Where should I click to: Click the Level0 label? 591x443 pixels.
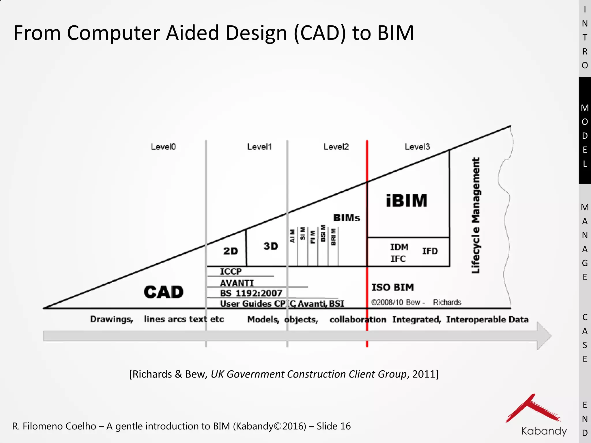pyautogui.click(x=163, y=147)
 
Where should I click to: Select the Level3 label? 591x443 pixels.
pyautogui.click(x=417, y=147)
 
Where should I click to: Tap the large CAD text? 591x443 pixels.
pyautogui.click(x=164, y=292)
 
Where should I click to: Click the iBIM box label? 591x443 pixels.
pyautogui.click(x=407, y=201)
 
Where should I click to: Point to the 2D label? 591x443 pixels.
pyautogui.click(x=231, y=251)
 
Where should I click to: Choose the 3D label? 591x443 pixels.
pyautogui.click(x=271, y=246)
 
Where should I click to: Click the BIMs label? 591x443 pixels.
pyautogui.click(x=347, y=218)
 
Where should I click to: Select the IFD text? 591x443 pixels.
pyautogui.click(x=430, y=251)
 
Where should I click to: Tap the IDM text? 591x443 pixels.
pyautogui.click(x=399, y=247)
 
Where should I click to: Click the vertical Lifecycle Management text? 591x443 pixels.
pyautogui.click(x=476, y=215)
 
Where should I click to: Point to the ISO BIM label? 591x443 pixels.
pyautogui.click(x=392, y=287)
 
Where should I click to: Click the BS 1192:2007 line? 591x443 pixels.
pyautogui.click(x=251, y=293)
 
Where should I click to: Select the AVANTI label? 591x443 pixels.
pyautogui.click(x=237, y=283)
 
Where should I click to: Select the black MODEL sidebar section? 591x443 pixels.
pyautogui.click(x=585, y=131)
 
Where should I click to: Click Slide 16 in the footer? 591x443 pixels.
pyautogui.click(x=334, y=426)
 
